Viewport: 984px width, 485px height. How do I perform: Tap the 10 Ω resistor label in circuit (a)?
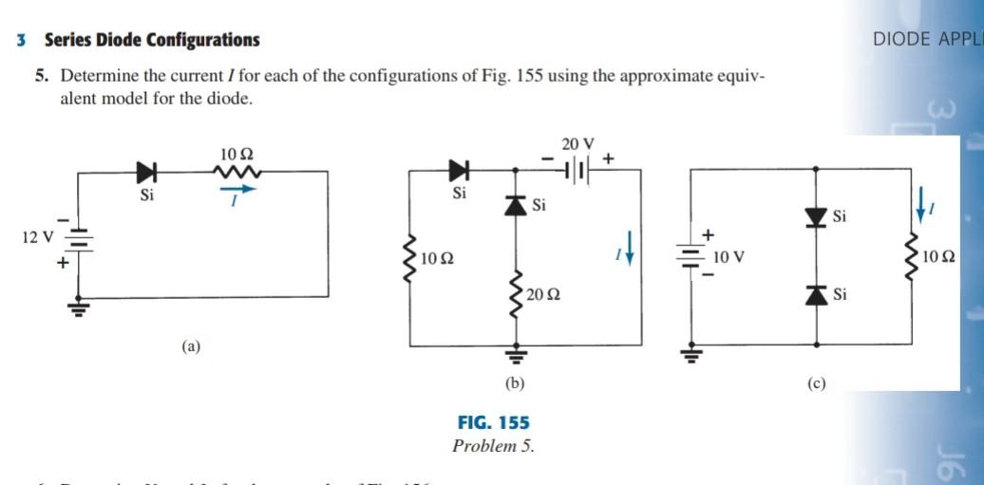pos(236,154)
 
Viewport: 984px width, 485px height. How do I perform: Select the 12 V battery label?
pos(37,235)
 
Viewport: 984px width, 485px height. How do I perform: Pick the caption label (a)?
pos(192,346)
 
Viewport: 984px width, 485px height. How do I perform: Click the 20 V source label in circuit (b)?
pos(577,144)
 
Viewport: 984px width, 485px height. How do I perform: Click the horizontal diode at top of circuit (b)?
pos(460,172)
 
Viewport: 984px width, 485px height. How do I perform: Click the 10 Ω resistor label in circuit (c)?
pos(937,256)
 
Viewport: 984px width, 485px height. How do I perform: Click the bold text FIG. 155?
pos(493,422)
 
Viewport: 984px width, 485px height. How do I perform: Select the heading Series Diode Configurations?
pos(151,40)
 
